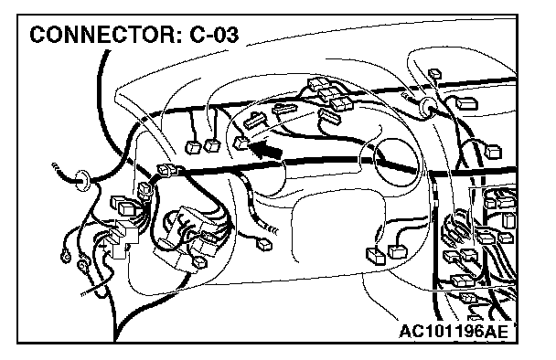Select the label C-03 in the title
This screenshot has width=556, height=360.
(215, 35)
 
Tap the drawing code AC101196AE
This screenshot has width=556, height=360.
(454, 332)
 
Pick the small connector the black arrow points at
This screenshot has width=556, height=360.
(241, 143)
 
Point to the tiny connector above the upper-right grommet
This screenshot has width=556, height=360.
(434, 74)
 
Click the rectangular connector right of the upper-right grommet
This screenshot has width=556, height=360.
(467, 103)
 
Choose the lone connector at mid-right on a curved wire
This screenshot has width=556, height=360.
(493, 152)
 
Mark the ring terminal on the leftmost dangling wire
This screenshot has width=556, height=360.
(65, 257)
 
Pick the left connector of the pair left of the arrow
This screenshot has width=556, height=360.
(193, 147)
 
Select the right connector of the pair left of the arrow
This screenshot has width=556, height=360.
(212, 145)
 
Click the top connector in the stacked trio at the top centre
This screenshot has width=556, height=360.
(318, 84)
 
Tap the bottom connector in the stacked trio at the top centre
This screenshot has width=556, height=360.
(341, 103)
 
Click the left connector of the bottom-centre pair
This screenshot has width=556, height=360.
(376, 256)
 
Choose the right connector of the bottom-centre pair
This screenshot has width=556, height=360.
(398, 251)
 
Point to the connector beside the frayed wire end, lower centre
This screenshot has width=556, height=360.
(264, 245)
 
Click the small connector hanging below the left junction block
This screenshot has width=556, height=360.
(199, 262)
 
